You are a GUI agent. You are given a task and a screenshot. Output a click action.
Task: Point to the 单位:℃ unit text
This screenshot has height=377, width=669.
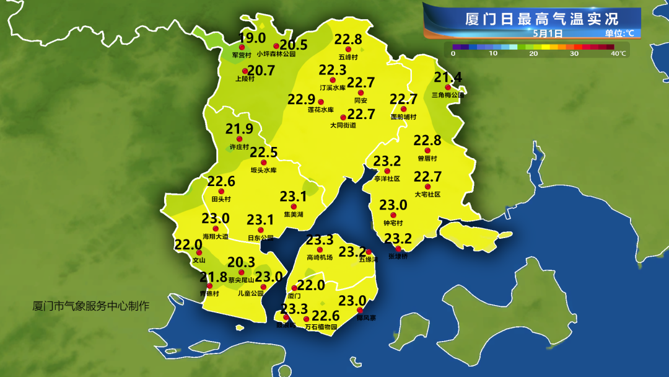(x=619, y=33)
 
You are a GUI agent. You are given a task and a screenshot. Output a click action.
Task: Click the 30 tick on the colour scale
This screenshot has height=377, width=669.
(x=574, y=54)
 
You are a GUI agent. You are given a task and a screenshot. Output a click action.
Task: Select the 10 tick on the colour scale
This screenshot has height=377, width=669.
(x=493, y=54)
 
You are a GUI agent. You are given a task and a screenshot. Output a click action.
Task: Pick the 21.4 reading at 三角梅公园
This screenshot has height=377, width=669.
(x=448, y=78)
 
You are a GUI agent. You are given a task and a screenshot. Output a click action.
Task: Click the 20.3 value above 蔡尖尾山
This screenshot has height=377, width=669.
(x=242, y=262)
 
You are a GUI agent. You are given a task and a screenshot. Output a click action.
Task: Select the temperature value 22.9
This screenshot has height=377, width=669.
(x=302, y=99)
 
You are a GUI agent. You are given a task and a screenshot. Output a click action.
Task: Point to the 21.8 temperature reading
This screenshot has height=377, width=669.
(x=213, y=277)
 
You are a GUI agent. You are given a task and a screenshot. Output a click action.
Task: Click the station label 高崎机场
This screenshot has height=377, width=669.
(x=320, y=257)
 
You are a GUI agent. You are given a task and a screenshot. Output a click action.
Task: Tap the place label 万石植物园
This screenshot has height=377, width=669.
(x=321, y=327)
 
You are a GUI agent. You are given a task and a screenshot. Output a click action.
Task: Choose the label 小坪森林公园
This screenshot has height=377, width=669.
(x=276, y=55)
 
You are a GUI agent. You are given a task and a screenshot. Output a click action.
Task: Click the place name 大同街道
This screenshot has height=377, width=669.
(x=343, y=125)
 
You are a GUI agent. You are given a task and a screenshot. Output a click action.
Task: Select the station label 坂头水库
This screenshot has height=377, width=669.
(x=263, y=171)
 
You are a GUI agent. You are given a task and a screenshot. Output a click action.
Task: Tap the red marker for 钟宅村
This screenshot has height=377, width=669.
(x=393, y=215)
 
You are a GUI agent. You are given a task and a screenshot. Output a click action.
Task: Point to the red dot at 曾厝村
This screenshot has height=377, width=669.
(x=427, y=151)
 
